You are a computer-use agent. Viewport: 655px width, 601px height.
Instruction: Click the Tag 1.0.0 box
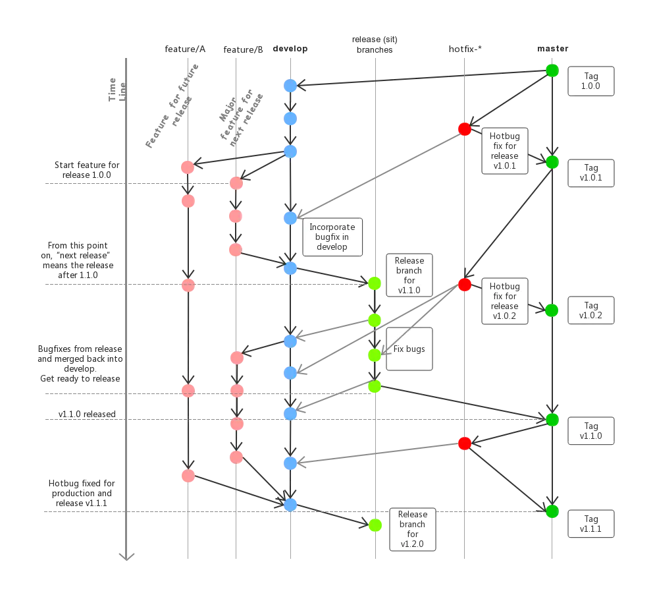pyautogui.click(x=591, y=82)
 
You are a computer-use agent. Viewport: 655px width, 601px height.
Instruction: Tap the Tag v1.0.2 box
pyautogui.click(x=591, y=310)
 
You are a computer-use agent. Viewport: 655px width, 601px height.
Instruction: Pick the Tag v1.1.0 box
pyautogui.click(x=591, y=431)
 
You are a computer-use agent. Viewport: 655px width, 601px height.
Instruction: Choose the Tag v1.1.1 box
pyautogui.click(x=591, y=524)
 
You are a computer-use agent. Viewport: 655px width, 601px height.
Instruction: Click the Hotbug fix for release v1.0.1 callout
pyautogui.click(x=505, y=152)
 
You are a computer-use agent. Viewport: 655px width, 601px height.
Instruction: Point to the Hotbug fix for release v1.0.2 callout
pyautogui.click(x=505, y=300)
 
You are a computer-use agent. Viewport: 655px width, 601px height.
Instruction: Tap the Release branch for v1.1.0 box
pyautogui.click(x=409, y=275)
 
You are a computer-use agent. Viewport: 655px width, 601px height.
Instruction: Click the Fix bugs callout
pyautogui.click(x=409, y=349)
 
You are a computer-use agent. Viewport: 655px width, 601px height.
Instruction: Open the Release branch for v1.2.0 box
pyautogui.click(x=413, y=529)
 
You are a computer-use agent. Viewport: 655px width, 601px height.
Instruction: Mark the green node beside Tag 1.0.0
pyautogui.click(x=552, y=71)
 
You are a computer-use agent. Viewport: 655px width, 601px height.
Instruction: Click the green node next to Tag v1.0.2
pyautogui.click(x=552, y=310)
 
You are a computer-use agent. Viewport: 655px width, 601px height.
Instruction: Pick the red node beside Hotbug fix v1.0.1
pyautogui.click(x=465, y=129)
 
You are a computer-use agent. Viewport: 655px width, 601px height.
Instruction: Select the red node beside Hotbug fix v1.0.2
pyautogui.click(x=465, y=285)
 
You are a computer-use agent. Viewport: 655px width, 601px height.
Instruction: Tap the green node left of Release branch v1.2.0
pyautogui.click(x=375, y=525)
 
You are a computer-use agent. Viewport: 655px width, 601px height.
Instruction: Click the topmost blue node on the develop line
pyautogui.click(x=290, y=85)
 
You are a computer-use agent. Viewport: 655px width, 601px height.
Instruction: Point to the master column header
pyautogui.click(x=552, y=48)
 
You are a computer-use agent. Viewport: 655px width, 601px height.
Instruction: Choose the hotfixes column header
pyautogui.click(x=465, y=48)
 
